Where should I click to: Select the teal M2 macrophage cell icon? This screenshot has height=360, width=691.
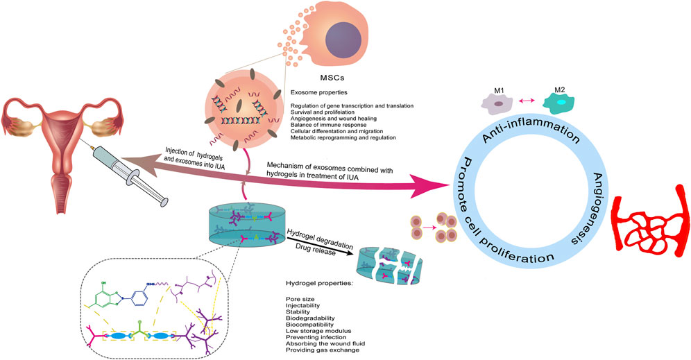tap(563, 103)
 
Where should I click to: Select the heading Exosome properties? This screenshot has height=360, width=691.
tap(320, 92)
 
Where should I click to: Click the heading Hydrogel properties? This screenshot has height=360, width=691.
tap(320, 284)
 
